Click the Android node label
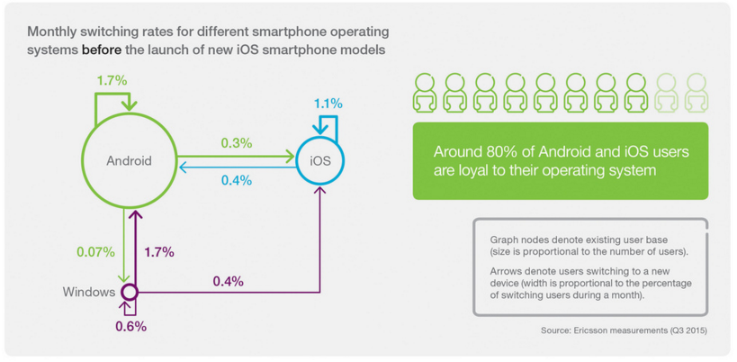(130, 161)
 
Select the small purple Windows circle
(130, 292)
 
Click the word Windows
(89, 292)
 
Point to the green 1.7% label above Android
(112, 80)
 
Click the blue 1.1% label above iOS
(328, 104)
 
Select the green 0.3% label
(236, 142)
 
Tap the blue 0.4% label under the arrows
(236, 180)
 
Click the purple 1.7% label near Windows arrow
(158, 251)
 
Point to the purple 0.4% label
(228, 281)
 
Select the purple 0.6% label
(130, 326)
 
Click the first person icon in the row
(425, 93)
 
